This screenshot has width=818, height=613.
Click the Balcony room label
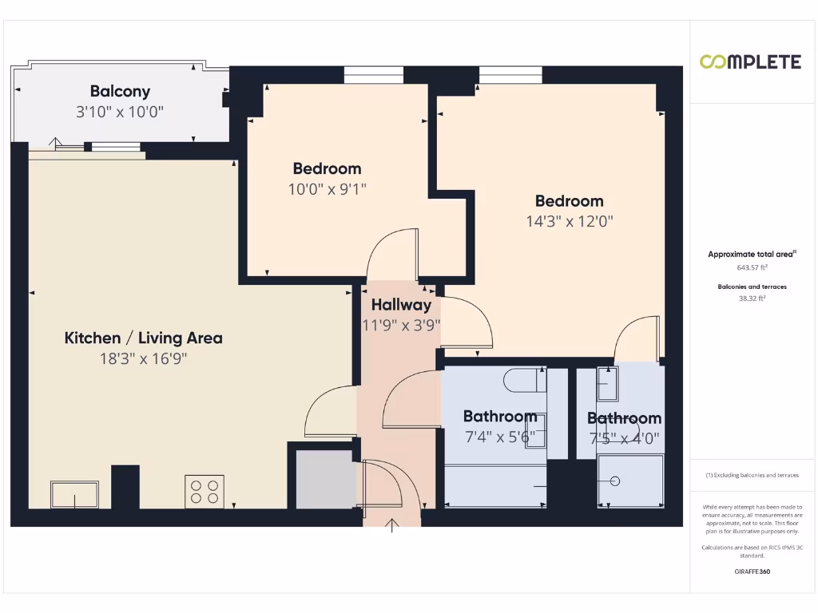(120, 91)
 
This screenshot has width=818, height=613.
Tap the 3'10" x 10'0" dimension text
(120, 113)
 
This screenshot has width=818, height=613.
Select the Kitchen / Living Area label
(144, 338)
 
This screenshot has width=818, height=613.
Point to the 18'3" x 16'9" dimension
(144, 359)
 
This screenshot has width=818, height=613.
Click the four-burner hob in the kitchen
(204, 491)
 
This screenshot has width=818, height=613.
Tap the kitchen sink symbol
(75, 494)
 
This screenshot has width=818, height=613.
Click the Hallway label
(401, 304)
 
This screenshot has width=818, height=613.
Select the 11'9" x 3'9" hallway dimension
(401, 325)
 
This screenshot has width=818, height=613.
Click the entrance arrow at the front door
(392, 525)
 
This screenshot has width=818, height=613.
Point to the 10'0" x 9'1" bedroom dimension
(327, 189)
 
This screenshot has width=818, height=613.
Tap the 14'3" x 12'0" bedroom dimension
(570, 222)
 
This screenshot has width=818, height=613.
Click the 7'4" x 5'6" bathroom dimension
(500, 437)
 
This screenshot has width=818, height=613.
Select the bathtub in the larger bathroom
(496, 486)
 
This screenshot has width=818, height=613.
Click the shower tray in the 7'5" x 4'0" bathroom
(630, 481)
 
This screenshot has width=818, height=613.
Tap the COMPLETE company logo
(750, 62)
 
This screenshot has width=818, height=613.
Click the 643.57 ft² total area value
(752, 268)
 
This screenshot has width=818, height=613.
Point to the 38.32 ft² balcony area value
(752, 299)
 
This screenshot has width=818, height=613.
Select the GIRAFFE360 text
(752, 571)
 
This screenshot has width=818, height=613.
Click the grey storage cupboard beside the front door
(324, 480)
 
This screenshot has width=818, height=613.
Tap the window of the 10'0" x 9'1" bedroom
(373, 75)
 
